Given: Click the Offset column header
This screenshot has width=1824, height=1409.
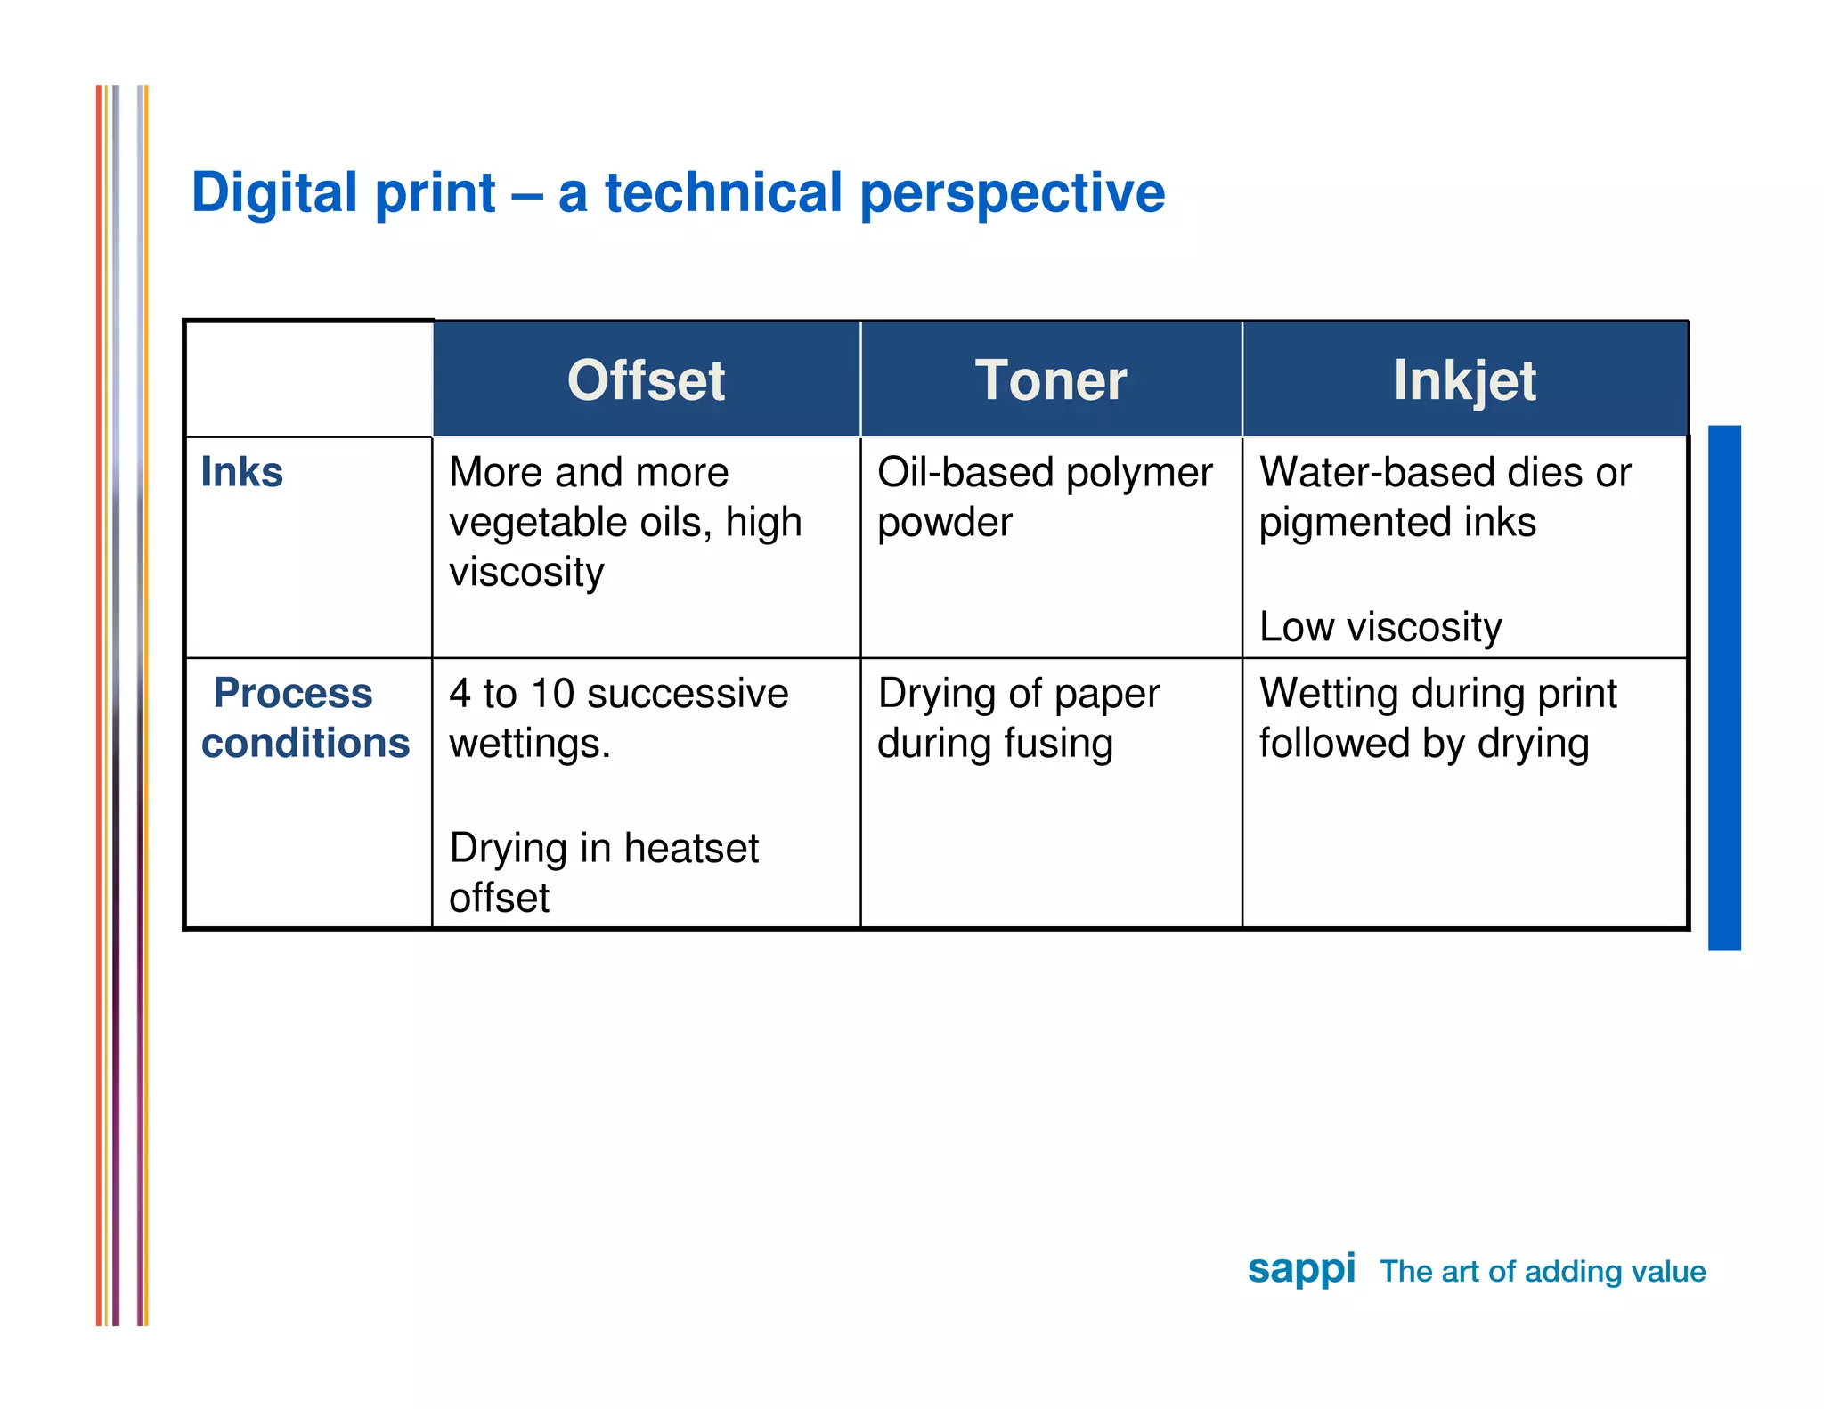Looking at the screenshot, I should click(x=646, y=380).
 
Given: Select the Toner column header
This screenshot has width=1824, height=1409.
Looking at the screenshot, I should click(x=1050, y=380).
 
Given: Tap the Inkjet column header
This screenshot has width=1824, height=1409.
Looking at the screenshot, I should click(x=1464, y=380).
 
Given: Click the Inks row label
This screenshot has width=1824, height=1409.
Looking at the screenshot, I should click(x=241, y=472).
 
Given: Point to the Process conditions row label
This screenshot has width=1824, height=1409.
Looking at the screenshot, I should click(x=305, y=718).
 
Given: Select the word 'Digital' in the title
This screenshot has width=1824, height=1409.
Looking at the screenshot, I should click(x=273, y=192).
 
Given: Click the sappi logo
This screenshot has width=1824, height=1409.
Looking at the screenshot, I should click(x=1301, y=1269).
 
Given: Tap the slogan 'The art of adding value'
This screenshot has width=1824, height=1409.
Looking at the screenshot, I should click(x=1543, y=1272).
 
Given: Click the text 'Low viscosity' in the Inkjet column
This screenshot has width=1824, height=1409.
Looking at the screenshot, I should click(x=1380, y=627).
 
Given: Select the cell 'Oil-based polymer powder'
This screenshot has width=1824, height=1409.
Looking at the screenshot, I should click(x=1044, y=497).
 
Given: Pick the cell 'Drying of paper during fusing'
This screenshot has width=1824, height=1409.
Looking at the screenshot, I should click(x=1018, y=718).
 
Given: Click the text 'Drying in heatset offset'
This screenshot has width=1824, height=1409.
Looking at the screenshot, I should click(x=603, y=872).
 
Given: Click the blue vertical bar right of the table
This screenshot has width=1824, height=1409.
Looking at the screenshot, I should click(x=1723, y=688).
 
